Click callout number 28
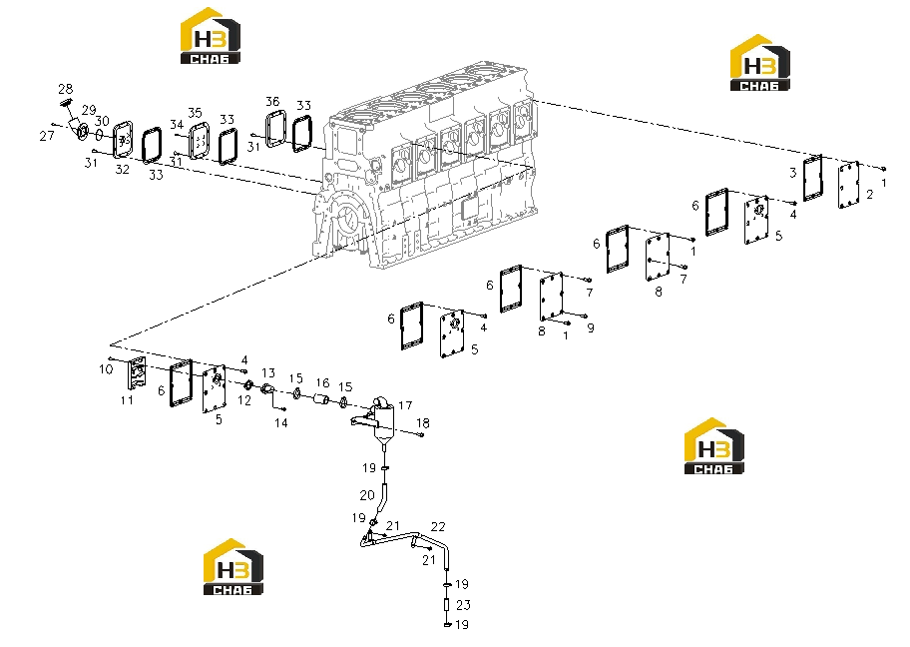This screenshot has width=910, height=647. [65, 89]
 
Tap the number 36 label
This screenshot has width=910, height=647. [272, 101]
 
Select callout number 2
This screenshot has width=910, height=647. [869, 195]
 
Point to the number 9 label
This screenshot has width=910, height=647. [591, 328]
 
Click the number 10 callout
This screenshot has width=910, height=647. [106, 369]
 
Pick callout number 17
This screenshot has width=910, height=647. [405, 405]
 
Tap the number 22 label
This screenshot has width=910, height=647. [438, 527]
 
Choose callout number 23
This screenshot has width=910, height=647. [463, 605]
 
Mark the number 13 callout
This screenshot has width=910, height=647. [268, 372]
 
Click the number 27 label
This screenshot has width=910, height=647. [47, 136]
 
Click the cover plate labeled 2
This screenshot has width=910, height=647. [848, 185]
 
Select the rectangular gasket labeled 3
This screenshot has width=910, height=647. [812, 178]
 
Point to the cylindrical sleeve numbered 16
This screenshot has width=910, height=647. [321, 399]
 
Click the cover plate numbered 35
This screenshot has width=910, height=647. [200, 141]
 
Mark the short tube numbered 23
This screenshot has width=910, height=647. [446, 605]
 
